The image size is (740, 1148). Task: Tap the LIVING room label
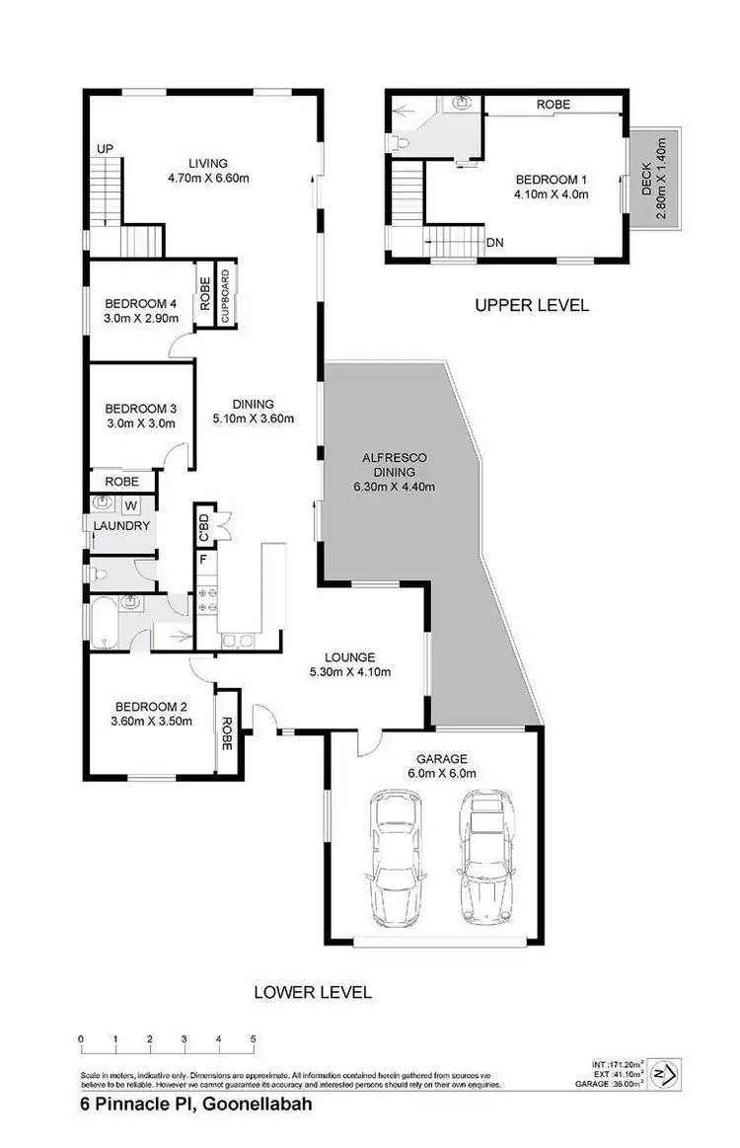209,163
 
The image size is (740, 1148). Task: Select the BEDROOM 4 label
140,303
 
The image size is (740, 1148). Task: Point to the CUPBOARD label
225,294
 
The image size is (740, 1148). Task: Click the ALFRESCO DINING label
395,471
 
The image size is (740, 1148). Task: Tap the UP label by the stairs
105,148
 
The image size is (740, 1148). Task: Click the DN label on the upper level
495,242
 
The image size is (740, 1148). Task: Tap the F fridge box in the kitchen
203,560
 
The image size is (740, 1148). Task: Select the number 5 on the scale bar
253,1039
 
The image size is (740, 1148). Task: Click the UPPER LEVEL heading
531,305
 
